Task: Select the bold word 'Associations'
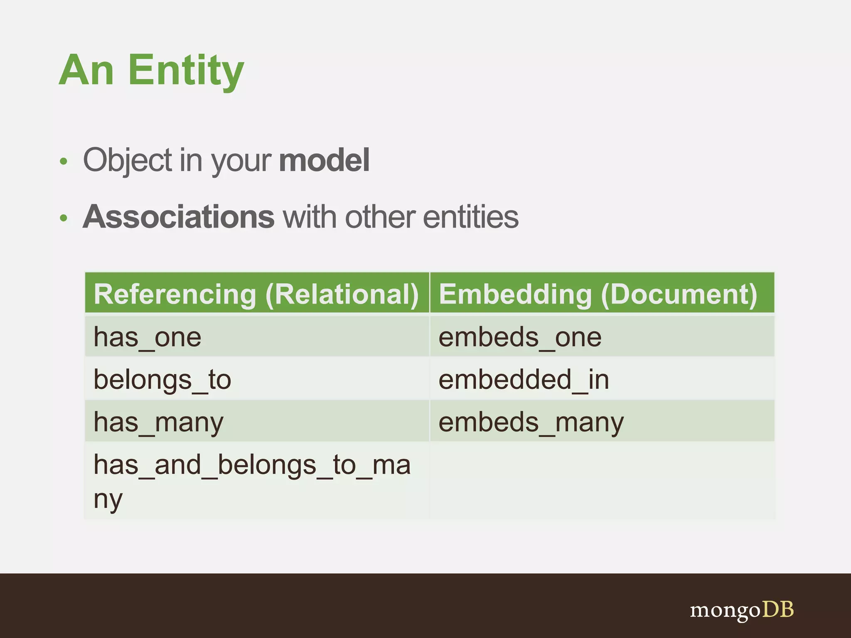pyautogui.click(x=179, y=217)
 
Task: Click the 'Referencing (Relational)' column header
pyautogui.click(x=256, y=294)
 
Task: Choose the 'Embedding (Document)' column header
pyautogui.click(x=598, y=294)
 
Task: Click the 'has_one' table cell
pyautogui.click(x=148, y=337)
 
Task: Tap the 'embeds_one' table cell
pyautogui.click(x=520, y=337)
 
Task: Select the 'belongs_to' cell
pyautogui.click(x=162, y=380)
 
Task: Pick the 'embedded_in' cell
pyautogui.click(x=524, y=380)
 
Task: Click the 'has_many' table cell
pyautogui.click(x=158, y=422)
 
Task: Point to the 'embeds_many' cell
pyautogui.click(x=531, y=422)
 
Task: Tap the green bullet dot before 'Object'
pyautogui.click(x=63, y=161)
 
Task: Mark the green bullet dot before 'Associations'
pyautogui.click(x=63, y=218)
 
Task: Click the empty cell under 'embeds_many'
pyautogui.click(x=602, y=481)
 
